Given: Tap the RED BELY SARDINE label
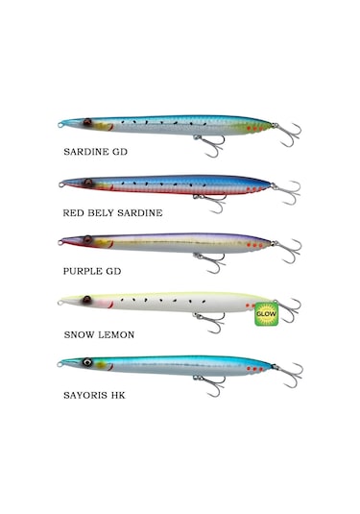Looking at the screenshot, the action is (111, 212).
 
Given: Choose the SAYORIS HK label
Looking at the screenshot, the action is (96, 394).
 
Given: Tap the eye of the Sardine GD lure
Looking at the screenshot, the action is (88, 123).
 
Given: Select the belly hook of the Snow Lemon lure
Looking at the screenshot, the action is (209, 323).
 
